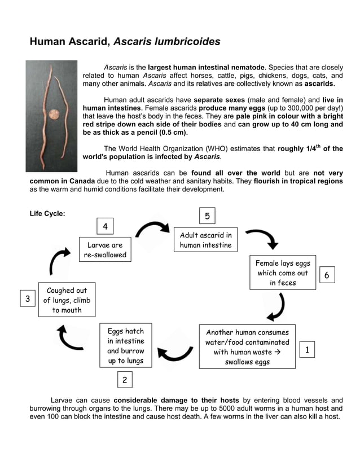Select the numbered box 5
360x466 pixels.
(x=207, y=216)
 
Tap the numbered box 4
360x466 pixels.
(x=105, y=226)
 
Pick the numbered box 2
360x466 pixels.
(x=125, y=380)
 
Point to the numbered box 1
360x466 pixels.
(x=306, y=350)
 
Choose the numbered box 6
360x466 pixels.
(x=327, y=275)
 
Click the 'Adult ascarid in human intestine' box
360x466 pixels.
(x=205, y=240)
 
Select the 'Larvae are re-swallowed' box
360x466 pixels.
(x=105, y=250)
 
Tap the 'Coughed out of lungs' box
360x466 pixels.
(x=67, y=300)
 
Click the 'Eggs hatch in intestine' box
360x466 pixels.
(x=126, y=346)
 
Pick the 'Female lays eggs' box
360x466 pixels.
(x=283, y=273)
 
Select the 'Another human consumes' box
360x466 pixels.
(x=247, y=347)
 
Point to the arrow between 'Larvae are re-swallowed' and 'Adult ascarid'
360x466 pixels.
(x=152, y=229)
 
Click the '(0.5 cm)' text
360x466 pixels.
(x=170, y=133)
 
